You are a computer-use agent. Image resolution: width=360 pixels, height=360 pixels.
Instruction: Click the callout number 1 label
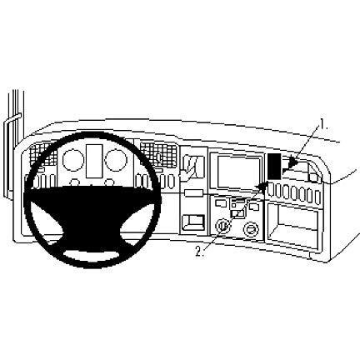[x=323, y=124]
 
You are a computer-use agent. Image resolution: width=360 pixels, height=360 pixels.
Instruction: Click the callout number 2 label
[x=200, y=251]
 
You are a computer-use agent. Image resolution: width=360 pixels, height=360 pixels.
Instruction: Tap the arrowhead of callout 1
[x=293, y=162]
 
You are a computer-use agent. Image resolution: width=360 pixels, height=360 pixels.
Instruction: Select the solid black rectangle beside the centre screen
[x=274, y=166]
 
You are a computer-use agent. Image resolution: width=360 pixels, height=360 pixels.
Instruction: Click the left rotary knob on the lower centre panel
[x=222, y=226]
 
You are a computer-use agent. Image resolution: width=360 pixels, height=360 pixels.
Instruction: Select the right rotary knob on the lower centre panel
[x=251, y=228]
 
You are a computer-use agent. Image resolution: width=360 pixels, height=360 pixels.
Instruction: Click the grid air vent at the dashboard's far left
[x=39, y=155]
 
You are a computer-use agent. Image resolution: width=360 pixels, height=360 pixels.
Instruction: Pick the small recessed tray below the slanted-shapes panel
[x=193, y=222]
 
